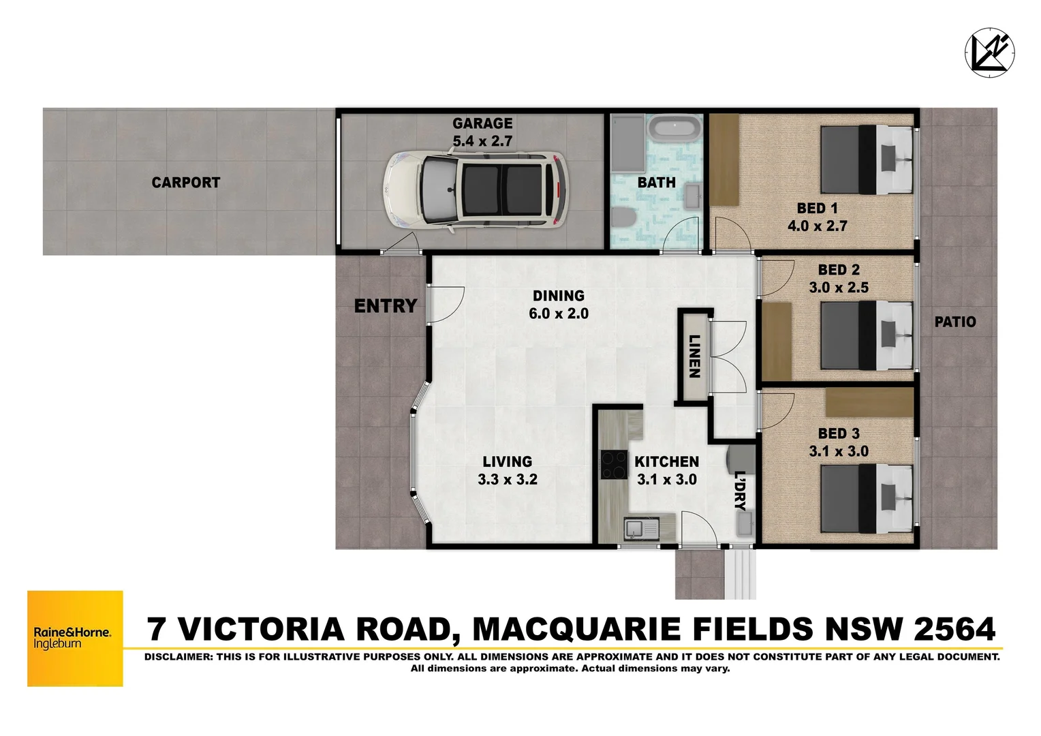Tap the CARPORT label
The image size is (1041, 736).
tap(185, 183)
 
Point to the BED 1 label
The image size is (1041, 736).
tap(817, 209)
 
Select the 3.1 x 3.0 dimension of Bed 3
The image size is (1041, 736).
tap(838, 451)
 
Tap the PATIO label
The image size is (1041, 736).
tap(954, 322)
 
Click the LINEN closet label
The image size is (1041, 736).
tap(694, 356)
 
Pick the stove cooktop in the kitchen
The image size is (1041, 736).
tap(614, 465)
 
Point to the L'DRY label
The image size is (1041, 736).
tap(740, 491)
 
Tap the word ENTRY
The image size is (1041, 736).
tap(385, 306)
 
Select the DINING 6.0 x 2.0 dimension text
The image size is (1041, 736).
tap(558, 313)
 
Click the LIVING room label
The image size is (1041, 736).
tap(508, 461)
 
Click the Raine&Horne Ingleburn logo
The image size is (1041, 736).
tap(75, 638)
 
